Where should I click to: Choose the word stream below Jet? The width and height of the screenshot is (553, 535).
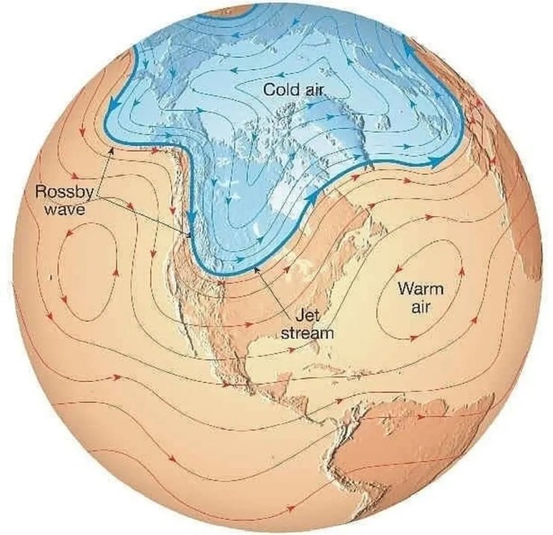tap(306, 333)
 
